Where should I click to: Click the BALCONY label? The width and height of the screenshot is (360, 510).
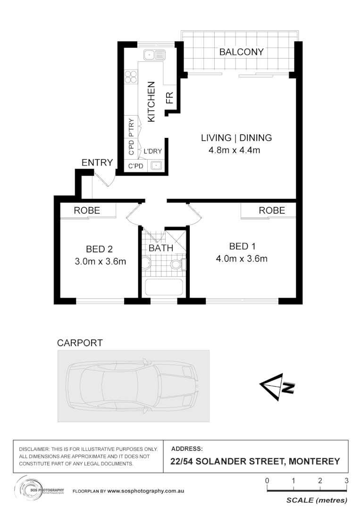tap(241, 52)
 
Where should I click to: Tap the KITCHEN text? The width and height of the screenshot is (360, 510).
tap(151, 102)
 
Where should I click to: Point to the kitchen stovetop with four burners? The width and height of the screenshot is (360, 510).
tap(131, 77)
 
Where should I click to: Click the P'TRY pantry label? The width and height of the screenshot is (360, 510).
tap(131, 127)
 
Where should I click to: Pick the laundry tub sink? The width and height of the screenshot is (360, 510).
tap(156, 166)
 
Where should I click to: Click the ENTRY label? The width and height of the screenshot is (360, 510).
tap(97, 163)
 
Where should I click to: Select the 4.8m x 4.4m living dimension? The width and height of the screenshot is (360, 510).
tap(234, 151)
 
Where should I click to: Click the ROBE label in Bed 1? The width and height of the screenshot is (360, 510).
tap(272, 211)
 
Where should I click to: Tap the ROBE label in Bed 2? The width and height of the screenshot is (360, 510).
tap(87, 211)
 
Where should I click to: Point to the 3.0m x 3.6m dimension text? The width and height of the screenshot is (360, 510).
tap(100, 262)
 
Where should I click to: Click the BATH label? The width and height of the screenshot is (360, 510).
tap(161, 248)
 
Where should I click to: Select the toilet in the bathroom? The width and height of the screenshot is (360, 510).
tap(178, 264)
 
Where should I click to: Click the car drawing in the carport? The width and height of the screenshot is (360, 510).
tap(133, 386)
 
